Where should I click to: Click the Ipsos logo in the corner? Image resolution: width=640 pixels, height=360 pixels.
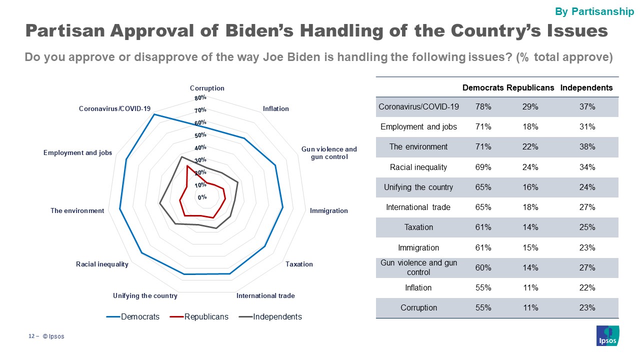point(608,335)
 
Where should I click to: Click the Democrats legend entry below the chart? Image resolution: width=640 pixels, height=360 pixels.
point(139,316)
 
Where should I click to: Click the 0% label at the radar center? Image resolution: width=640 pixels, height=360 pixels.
point(202,197)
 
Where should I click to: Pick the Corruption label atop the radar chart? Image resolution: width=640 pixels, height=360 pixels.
point(207,88)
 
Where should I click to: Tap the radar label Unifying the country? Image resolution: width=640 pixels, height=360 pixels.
point(145,295)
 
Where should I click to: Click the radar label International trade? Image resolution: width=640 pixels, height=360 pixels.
point(265,295)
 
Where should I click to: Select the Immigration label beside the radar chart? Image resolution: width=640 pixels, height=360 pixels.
point(328,210)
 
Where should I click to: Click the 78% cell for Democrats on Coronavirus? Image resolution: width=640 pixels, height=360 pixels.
point(483,106)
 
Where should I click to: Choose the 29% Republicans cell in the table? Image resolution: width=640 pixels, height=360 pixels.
point(530,106)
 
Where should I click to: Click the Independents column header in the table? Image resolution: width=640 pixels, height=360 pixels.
point(586,87)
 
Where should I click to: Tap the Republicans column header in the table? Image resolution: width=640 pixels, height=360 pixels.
point(530,87)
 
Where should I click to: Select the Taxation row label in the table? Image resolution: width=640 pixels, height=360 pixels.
point(418,227)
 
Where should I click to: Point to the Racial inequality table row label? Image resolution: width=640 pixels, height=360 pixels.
point(418,167)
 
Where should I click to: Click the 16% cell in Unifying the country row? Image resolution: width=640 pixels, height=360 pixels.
point(530,187)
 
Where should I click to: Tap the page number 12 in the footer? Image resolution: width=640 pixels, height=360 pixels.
point(30,336)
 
